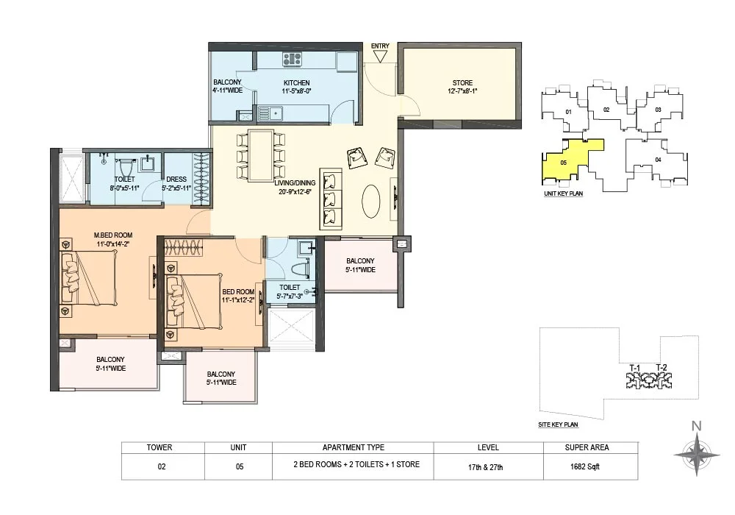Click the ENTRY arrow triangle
pyautogui.click(x=380, y=57)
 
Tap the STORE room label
pyautogui.click(x=462, y=83)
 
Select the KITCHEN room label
pyautogui.click(x=297, y=83)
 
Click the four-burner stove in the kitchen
pyautogui.click(x=292, y=59)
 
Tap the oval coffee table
pyautogui.click(x=371, y=201)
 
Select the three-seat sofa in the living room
pyautogui.click(x=331, y=199)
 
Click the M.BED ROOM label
pyautogui.click(x=113, y=235)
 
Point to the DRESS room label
pyautogui.click(x=176, y=180)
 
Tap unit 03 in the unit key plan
pyautogui.click(x=658, y=110)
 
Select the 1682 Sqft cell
pyautogui.click(x=585, y=466)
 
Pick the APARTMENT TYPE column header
pyautogui.click(x=354, y=447)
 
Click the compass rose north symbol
pyautogui.click(x=697, y=453)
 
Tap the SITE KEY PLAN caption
pyautogui.click(x=558, y=425)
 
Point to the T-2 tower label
pyautogui.click(x=661, y=368)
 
